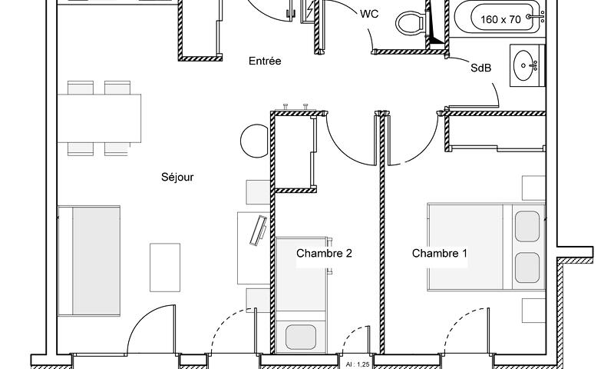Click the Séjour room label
pyautogui.click(x=177, y=178)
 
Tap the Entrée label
pyautogui.click(x=265, y=61)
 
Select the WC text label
pyautogui.click(x=369, y=14)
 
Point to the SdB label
pyautogui.click(x=481, y=68)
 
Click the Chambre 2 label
pyautogui.click(x=324, y=254)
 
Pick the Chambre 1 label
pyautogui.click(x=439, y=254)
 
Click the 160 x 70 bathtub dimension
pyautogui.click(x=500, y=19)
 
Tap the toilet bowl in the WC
pyautogui.click(x=411, y=23)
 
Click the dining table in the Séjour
pyautogui.click(x=100, y=118)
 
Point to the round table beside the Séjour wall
pyautogui.click(x=255, y=141)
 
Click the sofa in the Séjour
pyautogui.click(x=89, y=261)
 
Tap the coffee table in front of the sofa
pyautogui.click(x=165, y=268)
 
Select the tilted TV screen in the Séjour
pyautogui.click(x=258, y=231)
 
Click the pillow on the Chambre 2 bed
pyautogui.click(x=301, y=337)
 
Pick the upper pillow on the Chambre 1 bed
pyautogui.click(x=527, y=226)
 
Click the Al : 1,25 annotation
pyautogui.click(x=358, y=364)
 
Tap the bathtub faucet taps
pyautogui.click(x=536, y=16)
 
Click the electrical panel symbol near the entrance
pyautogui.click(x=309, y=12)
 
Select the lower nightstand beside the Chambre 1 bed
pyautogui.click(x=533, y=311)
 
